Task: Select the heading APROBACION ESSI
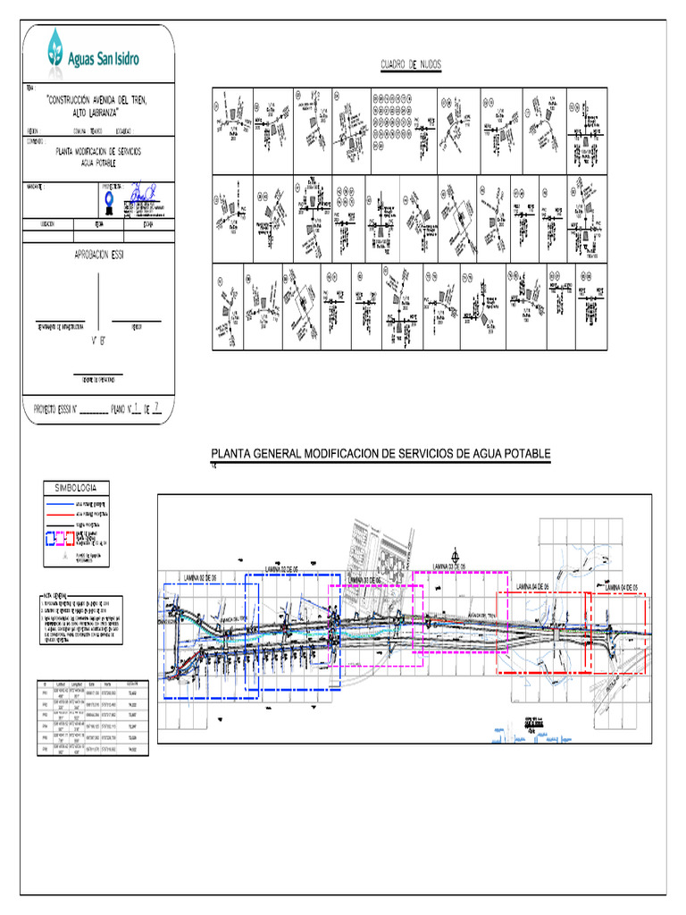click(96, 255)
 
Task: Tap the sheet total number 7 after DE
click(157, 410)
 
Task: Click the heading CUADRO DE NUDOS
click(411, 65)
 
